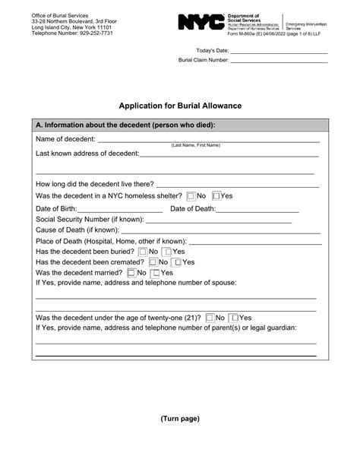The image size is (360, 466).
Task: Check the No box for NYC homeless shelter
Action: (x=191, y=195)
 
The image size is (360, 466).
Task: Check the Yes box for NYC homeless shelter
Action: (x=217, y=195)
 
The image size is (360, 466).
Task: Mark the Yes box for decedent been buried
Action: (x=169, y=252)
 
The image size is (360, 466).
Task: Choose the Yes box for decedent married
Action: (x=156, y=273)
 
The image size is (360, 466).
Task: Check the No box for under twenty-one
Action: (x=210, y=318)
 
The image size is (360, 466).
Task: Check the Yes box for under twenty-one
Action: (x=235, y=318)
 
